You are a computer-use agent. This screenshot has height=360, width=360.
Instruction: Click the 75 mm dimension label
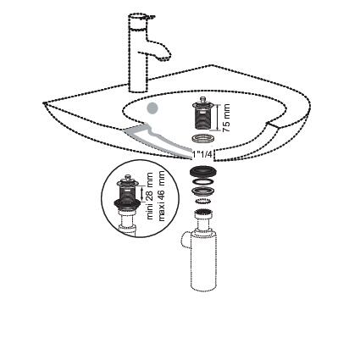(226, 118)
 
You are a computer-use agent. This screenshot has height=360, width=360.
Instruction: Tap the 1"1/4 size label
(202, 154)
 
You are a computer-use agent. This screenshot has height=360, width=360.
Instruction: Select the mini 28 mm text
(150, 196)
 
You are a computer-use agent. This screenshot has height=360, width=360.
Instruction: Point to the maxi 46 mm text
(162, 196)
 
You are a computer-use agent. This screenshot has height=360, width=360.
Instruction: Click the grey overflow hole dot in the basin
(152, 108)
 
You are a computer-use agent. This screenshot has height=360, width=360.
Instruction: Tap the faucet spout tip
(164, 59)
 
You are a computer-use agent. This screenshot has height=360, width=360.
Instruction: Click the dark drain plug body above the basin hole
(202, 116)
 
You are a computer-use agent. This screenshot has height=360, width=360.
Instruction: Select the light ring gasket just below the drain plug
(202, 139)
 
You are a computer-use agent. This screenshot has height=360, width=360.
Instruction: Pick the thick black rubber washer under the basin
(202, 172)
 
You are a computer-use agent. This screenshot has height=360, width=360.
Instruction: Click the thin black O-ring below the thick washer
(202, 181)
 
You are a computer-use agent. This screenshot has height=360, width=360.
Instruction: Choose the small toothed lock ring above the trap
(202, 201)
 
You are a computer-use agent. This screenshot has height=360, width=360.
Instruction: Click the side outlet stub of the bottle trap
(185, 241)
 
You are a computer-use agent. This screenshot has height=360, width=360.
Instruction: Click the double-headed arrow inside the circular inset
(141, 192)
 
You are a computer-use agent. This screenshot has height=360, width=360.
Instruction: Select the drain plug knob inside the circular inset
(128, 178)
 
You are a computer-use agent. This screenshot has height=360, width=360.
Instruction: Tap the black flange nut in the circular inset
(126, 203)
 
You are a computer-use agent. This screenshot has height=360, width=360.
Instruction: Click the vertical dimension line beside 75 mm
(217, 117)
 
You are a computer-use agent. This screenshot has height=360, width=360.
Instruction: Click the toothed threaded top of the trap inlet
(202, 213)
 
